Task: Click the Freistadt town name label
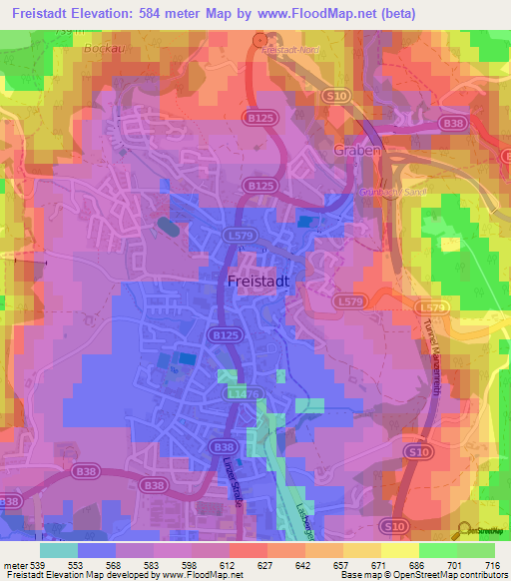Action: click(x=257, y=282)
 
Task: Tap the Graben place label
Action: click(x=352, y=152)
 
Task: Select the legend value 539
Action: click(x=39, y=566)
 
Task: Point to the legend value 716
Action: click(x=490, y=566)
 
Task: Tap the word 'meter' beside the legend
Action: click(x=14, y=566)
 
